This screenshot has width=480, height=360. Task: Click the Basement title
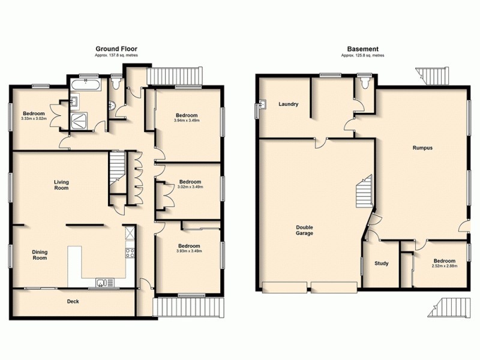(362, 49)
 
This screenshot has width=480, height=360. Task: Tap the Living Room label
(61, 184)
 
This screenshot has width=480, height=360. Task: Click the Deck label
(72, 301)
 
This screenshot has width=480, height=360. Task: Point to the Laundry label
(288, 104)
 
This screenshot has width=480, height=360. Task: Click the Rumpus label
(422, 147)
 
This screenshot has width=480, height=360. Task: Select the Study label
(382, 262)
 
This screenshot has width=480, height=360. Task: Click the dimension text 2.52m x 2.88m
(444, 266)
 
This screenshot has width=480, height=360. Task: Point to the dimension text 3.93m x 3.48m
(189, 251)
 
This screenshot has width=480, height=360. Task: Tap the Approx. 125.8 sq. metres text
(362, 55)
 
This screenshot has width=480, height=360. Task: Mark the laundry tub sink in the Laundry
(262, 108)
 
